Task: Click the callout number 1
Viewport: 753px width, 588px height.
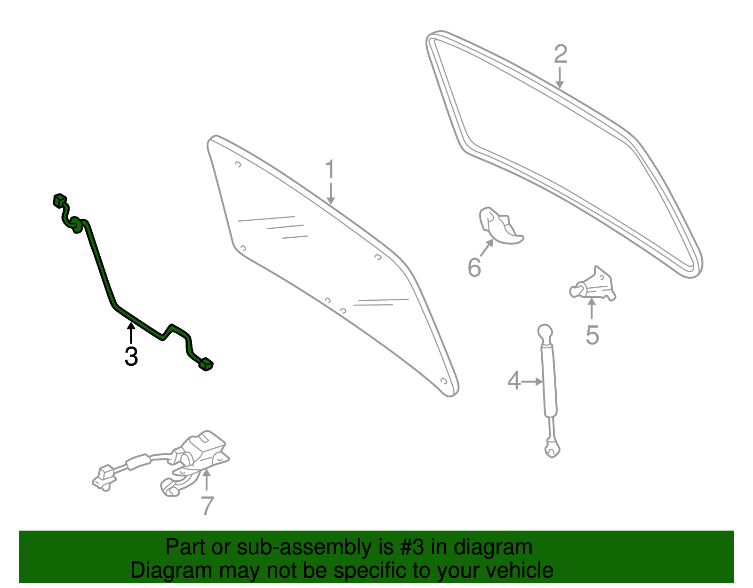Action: pos(330,169)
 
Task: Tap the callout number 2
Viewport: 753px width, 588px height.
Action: pos(561,54)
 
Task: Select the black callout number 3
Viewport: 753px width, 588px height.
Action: pos(131,356)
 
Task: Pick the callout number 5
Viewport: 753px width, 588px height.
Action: pos(592,335)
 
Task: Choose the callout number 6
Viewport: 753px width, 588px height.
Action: pos(474,267)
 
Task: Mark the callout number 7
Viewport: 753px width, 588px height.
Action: pos(207,506)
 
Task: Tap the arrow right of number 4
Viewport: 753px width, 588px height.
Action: pos(532,381)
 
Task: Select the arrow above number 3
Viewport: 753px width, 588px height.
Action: pos(131,333)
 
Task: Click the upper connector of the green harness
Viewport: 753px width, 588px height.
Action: pos(60,200)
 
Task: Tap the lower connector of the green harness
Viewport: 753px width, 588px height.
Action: pos(206,364)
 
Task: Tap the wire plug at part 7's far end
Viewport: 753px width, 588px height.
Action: pos(104,478)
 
